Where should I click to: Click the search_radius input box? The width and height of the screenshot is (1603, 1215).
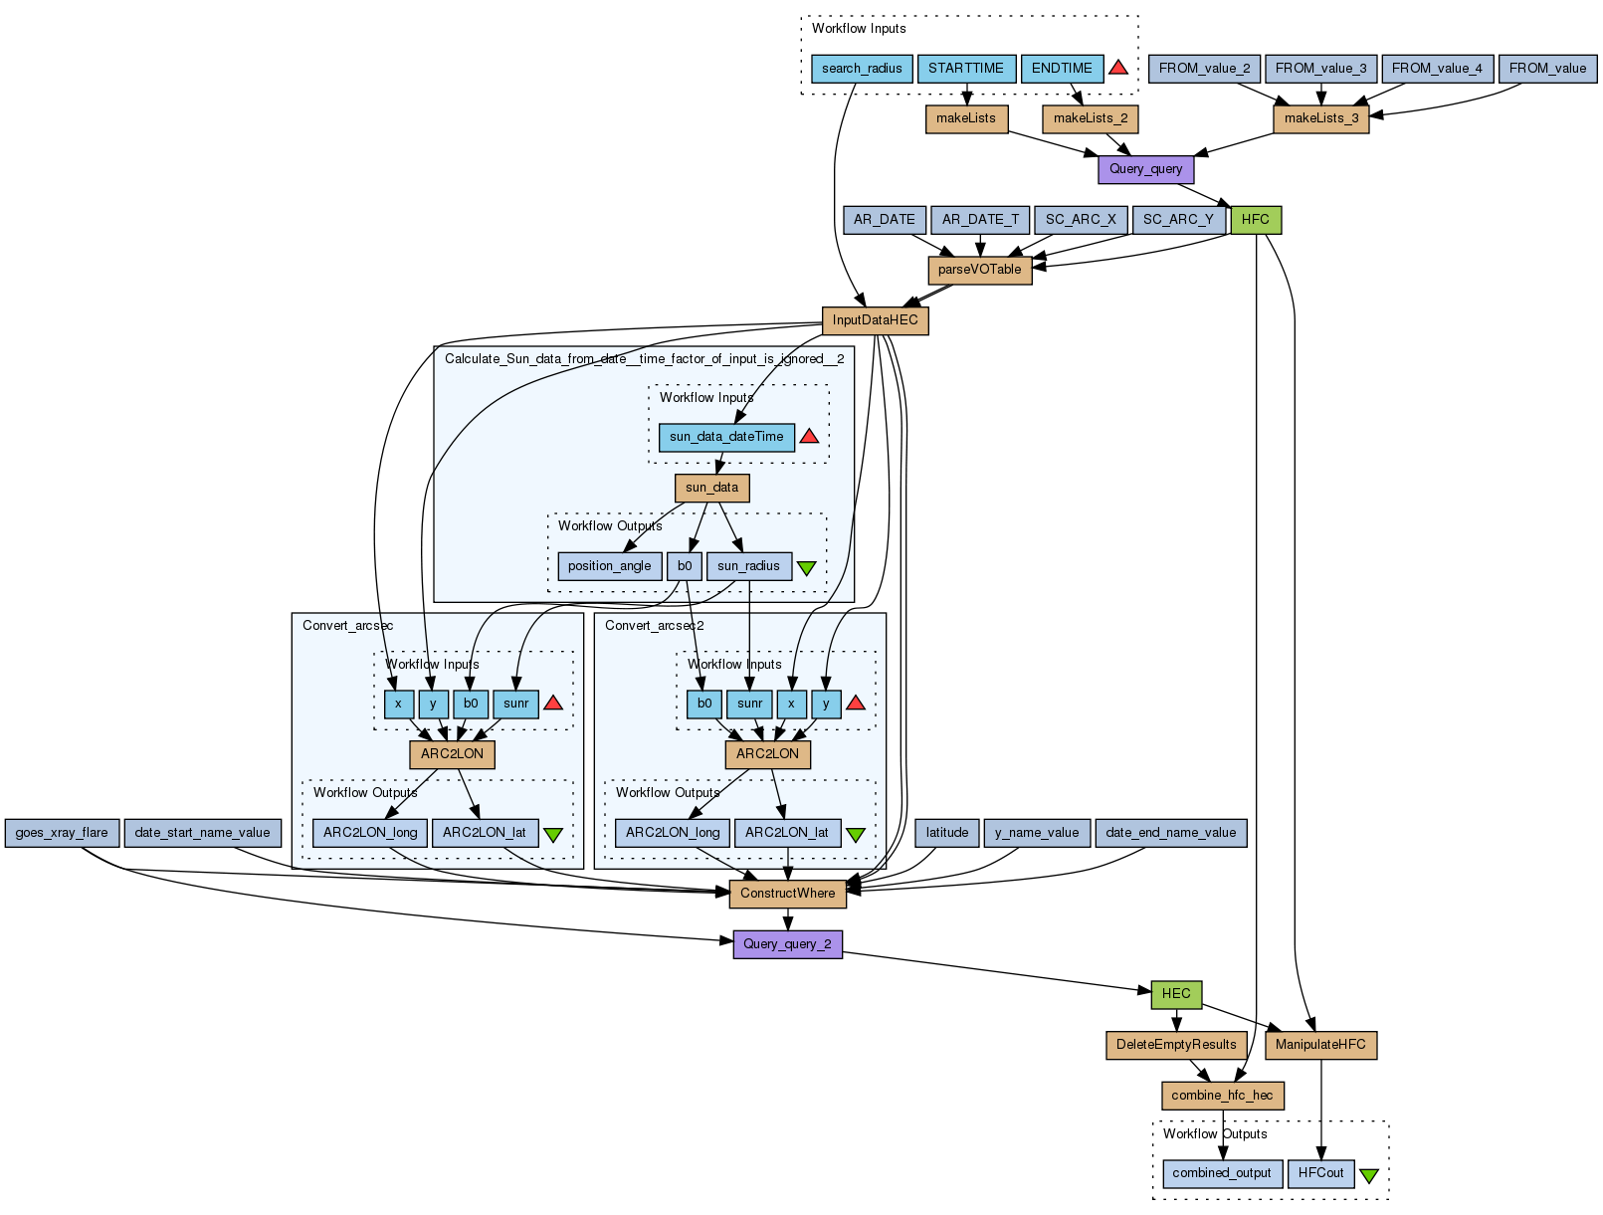(862, 69)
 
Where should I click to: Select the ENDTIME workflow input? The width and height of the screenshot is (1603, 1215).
(1062, 69)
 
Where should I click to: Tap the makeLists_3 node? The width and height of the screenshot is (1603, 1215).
(1320, 118)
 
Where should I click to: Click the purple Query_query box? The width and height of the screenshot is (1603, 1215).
(1145, 169)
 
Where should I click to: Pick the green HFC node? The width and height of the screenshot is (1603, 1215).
(1256, 220)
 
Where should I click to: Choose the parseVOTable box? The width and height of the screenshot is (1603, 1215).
(979, 270)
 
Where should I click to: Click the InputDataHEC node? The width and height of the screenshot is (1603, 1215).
(875, 320)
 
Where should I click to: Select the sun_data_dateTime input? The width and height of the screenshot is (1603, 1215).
(726, 437)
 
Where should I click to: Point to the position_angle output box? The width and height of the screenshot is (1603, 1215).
(609, 566)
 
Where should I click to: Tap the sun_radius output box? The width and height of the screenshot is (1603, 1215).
(748, 566)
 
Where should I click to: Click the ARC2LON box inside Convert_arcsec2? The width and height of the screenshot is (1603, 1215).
(767, 754)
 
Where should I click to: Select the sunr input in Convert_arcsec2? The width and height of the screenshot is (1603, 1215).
(749, 704)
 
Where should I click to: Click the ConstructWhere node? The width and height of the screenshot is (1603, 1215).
(787, 894)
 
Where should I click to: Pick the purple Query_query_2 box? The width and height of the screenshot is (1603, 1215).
(787, 944)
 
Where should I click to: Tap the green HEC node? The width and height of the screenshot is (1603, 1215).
(1176, 994)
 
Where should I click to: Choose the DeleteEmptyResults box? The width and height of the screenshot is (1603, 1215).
(1176, 1045)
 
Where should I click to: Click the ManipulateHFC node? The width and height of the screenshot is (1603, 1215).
(1320, 1045)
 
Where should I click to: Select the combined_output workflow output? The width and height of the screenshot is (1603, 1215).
(1222, 1173)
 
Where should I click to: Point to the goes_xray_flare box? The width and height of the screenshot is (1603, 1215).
(62, 833)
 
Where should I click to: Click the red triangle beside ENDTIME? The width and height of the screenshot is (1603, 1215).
(1118, 68)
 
